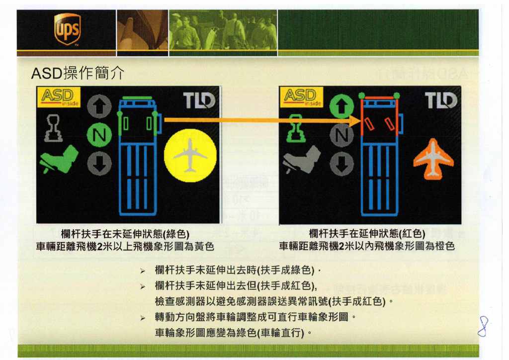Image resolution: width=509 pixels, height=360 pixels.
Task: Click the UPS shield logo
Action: [67, 29]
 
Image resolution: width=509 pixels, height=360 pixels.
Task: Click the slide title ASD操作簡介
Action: [78, 73]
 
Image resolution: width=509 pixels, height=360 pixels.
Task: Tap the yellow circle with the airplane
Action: [190, 155]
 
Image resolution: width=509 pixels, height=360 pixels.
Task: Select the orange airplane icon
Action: [433, 159]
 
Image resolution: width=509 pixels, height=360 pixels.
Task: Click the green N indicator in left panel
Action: [99, 135]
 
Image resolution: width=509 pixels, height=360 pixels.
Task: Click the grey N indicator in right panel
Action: [341, 135]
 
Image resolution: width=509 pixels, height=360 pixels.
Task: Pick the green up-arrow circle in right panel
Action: [341, 106]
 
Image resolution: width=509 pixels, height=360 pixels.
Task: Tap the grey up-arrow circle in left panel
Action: [99, 106]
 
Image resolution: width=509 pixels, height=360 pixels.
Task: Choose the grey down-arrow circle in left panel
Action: [99, 164]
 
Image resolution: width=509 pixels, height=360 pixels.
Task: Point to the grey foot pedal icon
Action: [301, 160]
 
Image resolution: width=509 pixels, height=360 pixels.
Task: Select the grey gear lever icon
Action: [53, 129]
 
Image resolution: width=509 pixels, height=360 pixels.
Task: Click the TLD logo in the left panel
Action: [199, 100]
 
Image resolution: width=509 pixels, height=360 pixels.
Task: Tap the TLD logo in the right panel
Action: [441, 100]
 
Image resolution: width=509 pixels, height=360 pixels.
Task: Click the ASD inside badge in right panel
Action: [301, 97]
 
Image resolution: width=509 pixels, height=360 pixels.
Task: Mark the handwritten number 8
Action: [483, 326]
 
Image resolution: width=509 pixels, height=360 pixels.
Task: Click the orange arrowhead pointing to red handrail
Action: [355, 120]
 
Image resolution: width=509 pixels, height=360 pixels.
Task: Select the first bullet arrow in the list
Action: [143, 271]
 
